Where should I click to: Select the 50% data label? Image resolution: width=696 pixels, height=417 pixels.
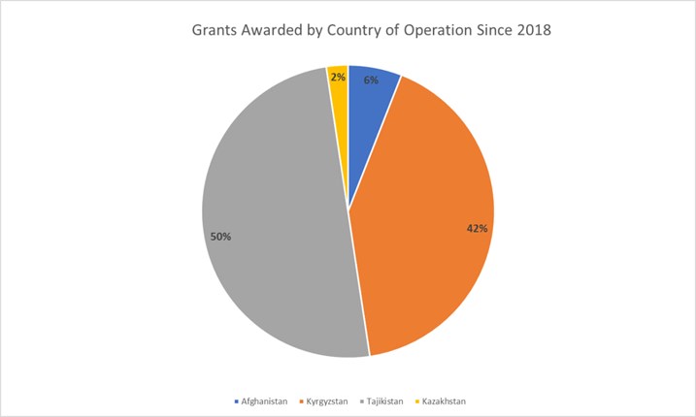220,236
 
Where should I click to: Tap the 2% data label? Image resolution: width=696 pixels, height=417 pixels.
338,75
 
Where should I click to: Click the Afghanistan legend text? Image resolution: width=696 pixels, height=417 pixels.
268,400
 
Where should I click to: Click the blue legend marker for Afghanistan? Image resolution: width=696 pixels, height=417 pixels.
238,400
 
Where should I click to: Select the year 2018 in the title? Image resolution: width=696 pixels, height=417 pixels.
533,30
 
